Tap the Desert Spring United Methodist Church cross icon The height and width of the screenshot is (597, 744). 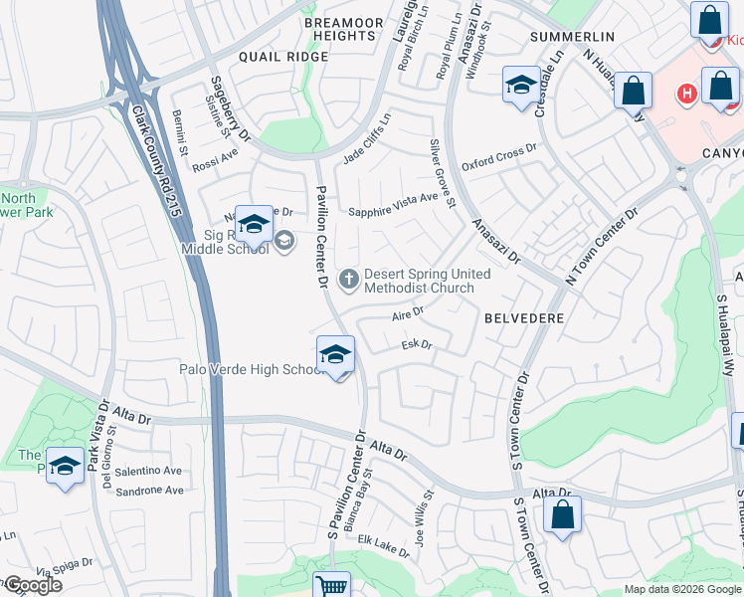pos(348,279)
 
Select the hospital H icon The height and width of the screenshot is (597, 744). pos(685,95)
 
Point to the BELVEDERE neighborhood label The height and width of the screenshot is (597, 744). pos(524,318)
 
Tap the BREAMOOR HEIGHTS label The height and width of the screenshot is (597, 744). pos(339,28)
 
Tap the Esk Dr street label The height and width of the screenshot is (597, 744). pos(416,345)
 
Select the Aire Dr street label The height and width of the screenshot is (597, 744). pos(408,312)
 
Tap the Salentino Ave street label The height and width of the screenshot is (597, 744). pos(149,471)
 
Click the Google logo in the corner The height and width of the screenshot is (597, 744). pos(32,585)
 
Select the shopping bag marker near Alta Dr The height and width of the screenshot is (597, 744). pos(562,516)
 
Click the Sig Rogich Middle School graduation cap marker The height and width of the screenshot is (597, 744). pos(254,225)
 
